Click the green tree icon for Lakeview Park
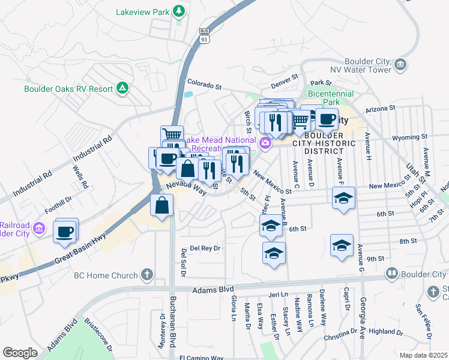(178, 11)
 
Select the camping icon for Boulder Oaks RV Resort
(122, 88)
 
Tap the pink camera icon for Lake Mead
(265, 143)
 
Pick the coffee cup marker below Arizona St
(327, 119)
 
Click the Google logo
(20, 353)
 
